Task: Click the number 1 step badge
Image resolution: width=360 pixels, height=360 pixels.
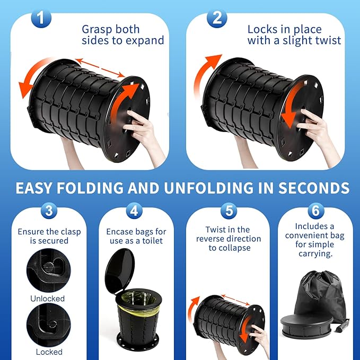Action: click(41, 18)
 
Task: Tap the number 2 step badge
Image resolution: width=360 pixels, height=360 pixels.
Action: click(217, 18)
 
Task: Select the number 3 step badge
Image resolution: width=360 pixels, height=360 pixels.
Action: click(49, 210)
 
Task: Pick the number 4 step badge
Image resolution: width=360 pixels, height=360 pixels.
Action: click(134, 210)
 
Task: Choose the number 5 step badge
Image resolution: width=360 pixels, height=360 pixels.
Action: click(229, 210)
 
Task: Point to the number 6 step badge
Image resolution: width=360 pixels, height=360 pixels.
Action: click(315, 210)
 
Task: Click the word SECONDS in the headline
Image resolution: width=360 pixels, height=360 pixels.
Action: click(314, 188)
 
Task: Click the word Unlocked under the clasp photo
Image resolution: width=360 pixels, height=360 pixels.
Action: click(48, 298)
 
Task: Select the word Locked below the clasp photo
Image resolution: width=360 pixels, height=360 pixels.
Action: click(49, 352)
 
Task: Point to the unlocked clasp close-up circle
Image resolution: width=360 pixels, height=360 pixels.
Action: click(49, 270)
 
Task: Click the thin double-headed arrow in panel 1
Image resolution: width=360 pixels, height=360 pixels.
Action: click(100, 68)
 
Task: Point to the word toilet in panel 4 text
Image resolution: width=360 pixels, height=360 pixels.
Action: click(153, 241)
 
